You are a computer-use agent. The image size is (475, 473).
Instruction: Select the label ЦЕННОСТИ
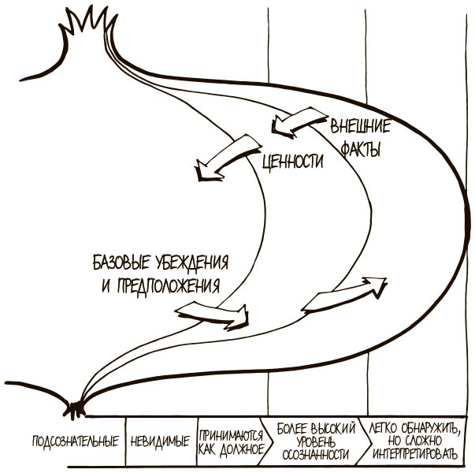click(292, 161)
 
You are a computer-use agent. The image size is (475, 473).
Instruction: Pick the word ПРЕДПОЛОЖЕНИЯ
click(169, 283)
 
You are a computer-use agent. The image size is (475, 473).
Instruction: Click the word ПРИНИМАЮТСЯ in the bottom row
click(232, 433)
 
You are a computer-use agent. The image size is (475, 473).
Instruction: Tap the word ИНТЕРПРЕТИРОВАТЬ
click(411, 455)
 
